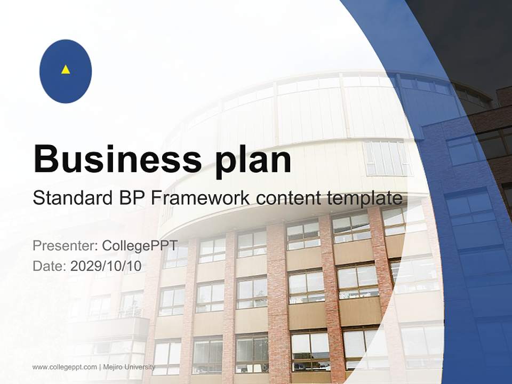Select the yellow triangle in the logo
(66, 69)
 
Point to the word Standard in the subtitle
(68, 198)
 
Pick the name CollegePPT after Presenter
(139, 246)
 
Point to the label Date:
(50, 266)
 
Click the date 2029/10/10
(106, 266)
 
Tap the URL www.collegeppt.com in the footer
(65, 367)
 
